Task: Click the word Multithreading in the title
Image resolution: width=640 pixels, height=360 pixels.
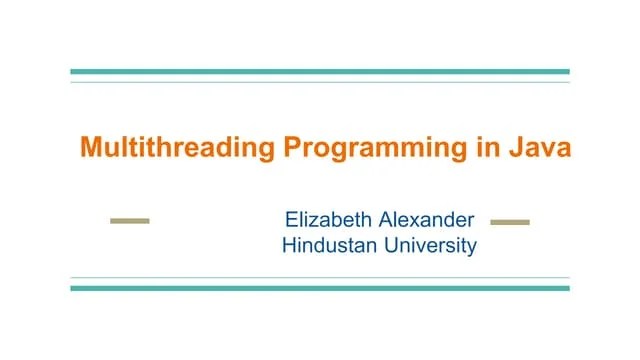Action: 176,149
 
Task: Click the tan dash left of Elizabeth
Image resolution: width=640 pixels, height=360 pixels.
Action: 129,221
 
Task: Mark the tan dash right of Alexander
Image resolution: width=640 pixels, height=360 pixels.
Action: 510,221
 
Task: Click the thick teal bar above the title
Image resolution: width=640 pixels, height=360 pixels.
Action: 320,72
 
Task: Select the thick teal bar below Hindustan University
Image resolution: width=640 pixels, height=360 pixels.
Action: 320,288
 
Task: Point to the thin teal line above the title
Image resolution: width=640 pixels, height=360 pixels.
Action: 320,82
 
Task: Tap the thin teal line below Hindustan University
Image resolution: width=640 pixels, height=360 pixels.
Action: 320,278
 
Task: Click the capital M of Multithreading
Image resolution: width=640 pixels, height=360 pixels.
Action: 90,148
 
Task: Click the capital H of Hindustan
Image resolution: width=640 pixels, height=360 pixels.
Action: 290,245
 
